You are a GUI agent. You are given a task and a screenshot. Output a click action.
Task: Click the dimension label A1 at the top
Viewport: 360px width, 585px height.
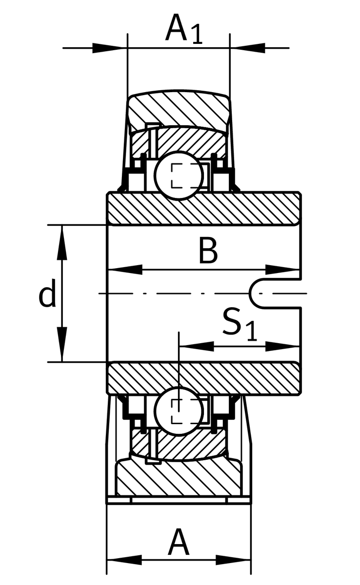183,30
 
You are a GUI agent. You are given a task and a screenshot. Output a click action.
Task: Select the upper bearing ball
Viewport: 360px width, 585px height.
179,175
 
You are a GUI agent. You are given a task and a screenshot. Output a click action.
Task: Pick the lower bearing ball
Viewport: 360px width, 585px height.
179,409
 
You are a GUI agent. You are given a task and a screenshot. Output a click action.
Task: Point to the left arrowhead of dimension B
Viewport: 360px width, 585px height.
122,270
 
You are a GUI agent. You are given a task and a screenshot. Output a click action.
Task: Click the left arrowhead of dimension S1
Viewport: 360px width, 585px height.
195,346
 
